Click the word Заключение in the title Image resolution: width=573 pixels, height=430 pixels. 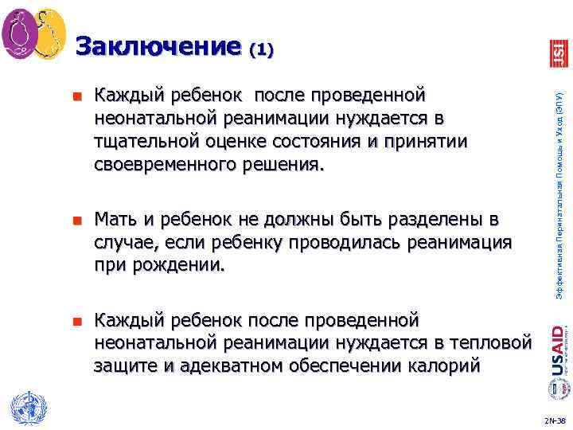pos(158,46)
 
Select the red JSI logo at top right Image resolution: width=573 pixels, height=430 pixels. pos(559,53)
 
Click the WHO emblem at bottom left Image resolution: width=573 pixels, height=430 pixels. pos(25,408)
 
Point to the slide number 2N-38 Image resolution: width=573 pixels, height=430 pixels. pos(555,419)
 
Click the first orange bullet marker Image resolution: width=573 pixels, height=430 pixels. pos(77,97)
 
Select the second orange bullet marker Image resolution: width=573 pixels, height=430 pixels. pos(77,220)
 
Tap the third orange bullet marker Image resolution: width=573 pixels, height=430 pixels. pos(77,322)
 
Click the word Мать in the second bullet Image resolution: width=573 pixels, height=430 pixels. pos(115,219)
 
